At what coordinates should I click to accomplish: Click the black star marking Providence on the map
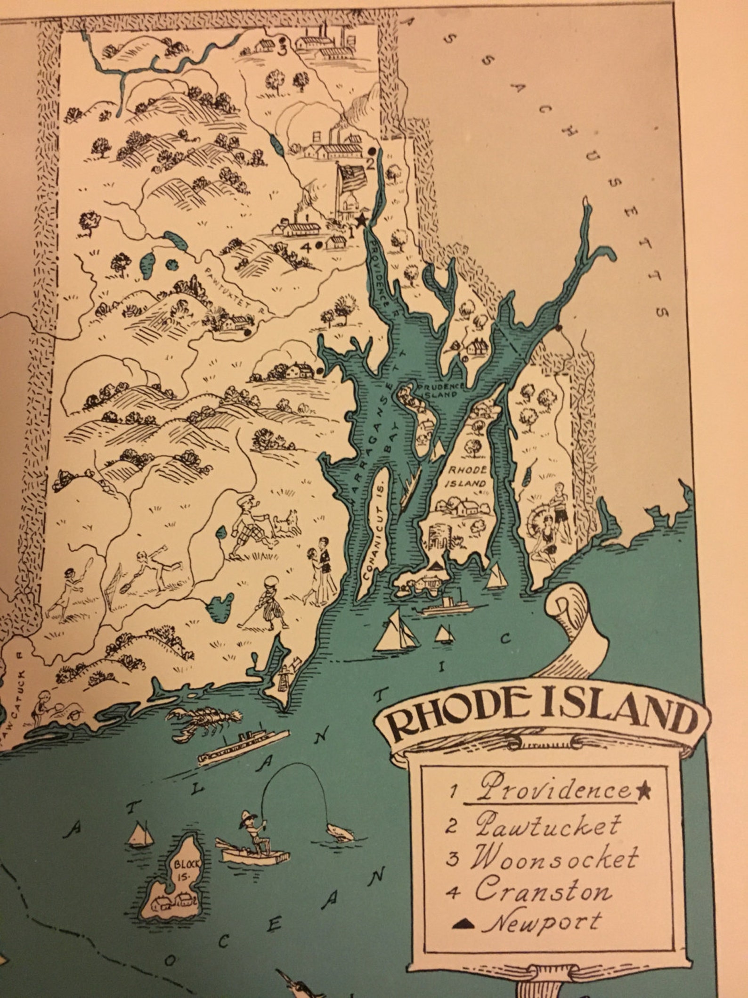coord(361,219)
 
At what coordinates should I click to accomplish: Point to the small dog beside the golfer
coord(287,521)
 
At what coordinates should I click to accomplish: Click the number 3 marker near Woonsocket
coord(282,49)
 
